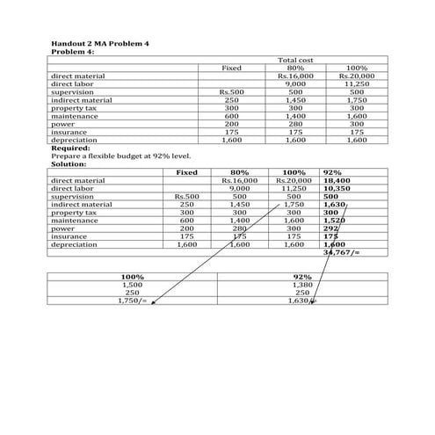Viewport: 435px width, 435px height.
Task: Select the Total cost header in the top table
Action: (x=294, y=59)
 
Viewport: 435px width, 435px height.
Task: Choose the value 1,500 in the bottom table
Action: (x=132, y=285)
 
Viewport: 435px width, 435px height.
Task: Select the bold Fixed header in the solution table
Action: (x=186, y=172)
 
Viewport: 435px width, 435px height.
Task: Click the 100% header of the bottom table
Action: (x=132, y=277)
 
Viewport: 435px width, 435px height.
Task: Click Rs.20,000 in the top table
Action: (x=356, y=76)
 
